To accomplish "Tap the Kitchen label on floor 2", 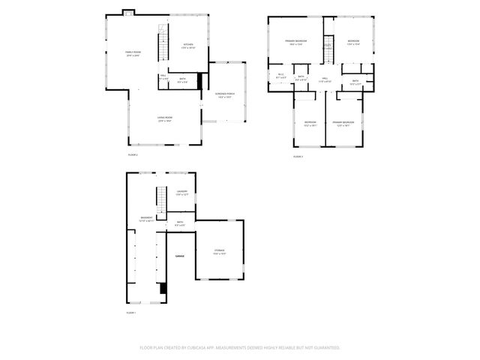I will tap(188, 46).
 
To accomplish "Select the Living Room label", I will tap(165, 119).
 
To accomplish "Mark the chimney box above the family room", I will tap(128, 12).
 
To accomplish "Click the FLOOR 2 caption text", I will tap(133, 154).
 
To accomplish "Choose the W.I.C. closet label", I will tap(280, 75).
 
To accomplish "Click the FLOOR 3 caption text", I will tap(298, 156).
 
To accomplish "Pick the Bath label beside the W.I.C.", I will tap(301, 77).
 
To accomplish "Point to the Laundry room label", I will tap(181, 193).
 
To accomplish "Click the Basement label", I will tap(146, 220).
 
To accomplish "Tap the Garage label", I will tap(180, 256).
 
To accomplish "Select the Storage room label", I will tap(219, 251).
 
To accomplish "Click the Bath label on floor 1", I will tap(180, 223).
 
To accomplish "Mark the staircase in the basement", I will tap(160, 199).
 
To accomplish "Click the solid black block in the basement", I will tap(164, 288).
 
